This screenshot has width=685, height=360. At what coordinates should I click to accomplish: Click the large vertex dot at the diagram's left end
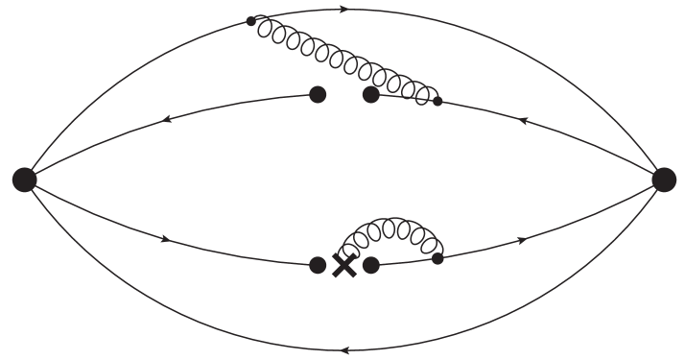[x=24, y=179]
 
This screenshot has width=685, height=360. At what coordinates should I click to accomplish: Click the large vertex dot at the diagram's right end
[x=663, y=179]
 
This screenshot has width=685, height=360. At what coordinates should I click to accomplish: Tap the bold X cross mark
[x=343, y=265]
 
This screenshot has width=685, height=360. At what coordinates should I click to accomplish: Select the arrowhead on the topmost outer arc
[x=343, y=10]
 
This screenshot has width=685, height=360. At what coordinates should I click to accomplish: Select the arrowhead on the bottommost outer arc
[x=343, y=349]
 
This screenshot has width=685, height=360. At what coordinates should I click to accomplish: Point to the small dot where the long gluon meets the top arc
[x=251, y=20]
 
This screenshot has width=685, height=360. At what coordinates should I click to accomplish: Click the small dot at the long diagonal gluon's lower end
[x=437, y=101]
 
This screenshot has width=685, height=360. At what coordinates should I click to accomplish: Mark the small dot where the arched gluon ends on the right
[x=437, y=257]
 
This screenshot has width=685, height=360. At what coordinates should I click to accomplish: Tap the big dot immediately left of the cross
[x=318, y=265]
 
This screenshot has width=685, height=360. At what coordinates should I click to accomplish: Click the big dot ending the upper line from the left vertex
[x=318, y=94]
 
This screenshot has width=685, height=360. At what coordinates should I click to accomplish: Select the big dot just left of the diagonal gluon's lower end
[x=371, y=94]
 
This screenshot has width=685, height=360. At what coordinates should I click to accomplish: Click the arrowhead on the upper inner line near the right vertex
[x=523, y=122]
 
